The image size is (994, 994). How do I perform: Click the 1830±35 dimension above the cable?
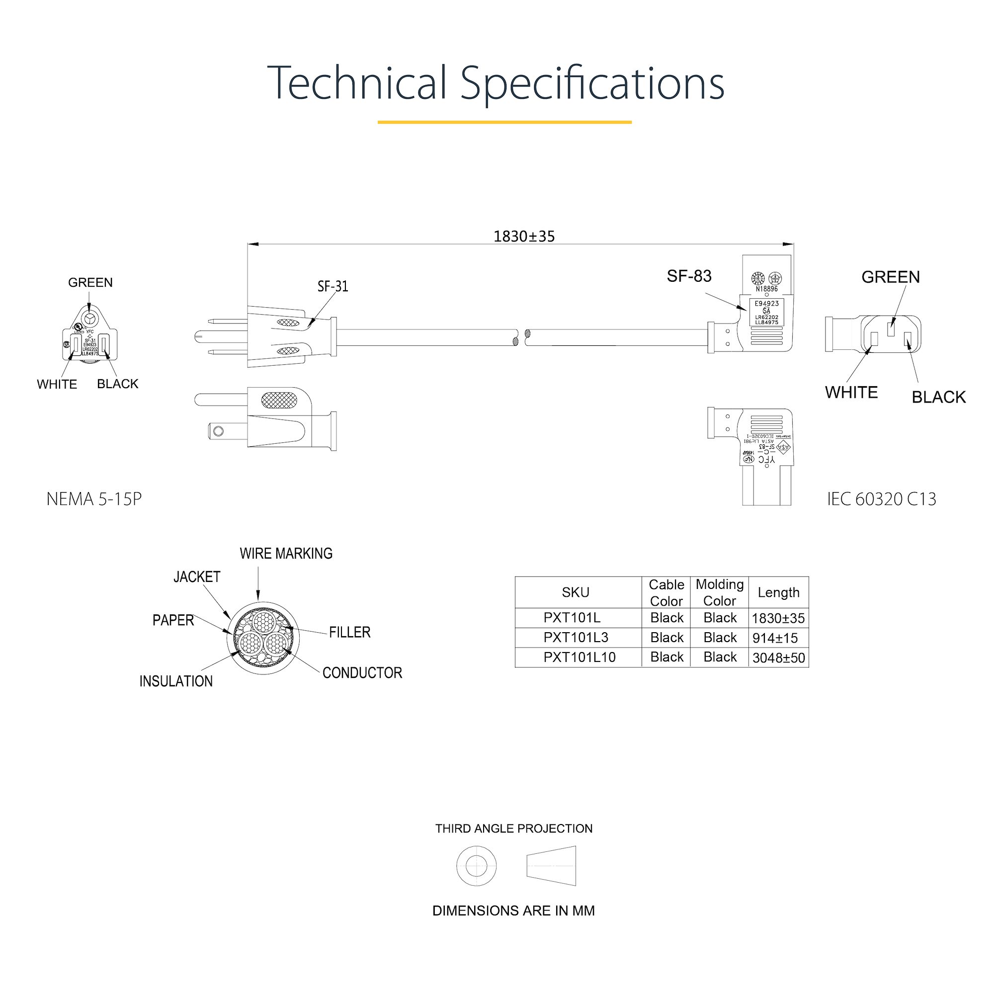[x=524, y=236]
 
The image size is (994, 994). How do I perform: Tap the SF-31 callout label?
[x=332, y=286]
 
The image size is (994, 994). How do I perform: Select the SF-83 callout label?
[x=689, y=276]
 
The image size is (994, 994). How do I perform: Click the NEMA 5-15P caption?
[x=93, y=499]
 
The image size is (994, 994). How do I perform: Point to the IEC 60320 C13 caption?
[x=881, y=499]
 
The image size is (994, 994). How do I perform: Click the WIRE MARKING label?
[x=286, y=554]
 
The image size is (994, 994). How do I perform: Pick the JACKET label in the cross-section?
[x=196, y=577]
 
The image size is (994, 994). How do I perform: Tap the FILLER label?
[x=349, y=632]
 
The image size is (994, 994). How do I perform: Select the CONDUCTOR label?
[x=362, y=673]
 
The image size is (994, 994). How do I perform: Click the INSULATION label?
[x=176, y=681]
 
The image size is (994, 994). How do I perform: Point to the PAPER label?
[x=173, y=620]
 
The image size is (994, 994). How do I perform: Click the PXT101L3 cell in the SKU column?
[x=576, y=638]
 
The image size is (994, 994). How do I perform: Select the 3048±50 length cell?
[x=778, y=658]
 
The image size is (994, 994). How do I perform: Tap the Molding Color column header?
[x=719, y=592]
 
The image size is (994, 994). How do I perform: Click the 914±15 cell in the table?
[x=775, y=638]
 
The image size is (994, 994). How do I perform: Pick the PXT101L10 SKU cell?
[x=580, y=657]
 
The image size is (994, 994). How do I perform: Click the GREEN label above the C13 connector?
[x=891, y=277]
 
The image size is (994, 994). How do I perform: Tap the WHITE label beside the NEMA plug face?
[x=57, y=384]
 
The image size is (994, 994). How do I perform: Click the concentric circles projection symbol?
[x=477, y=865]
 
